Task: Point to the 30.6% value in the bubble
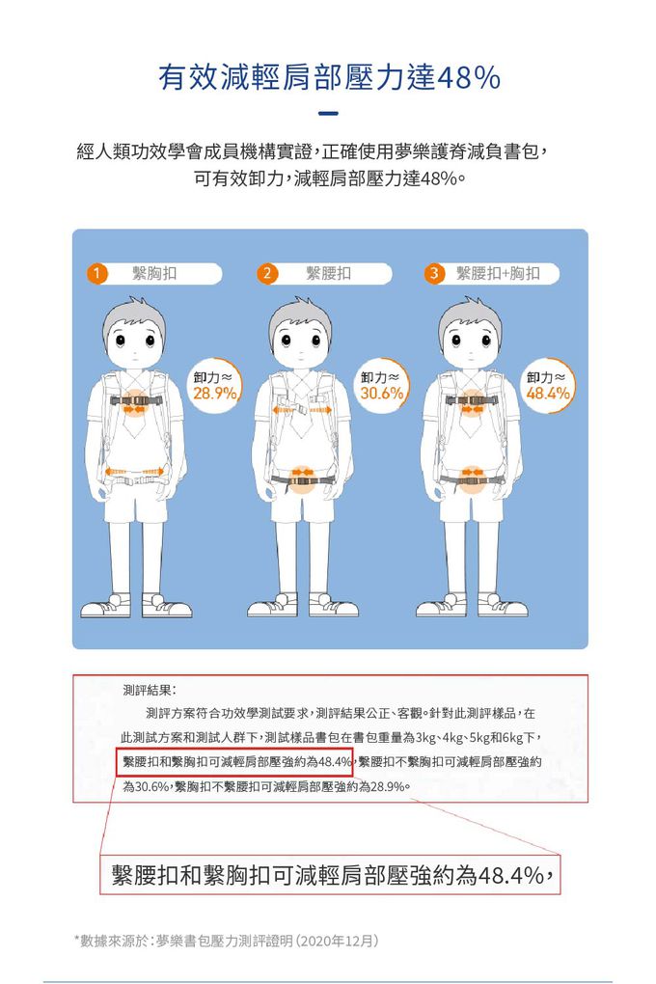[x=381, y=395]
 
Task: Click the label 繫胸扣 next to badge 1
[x=154, y=274]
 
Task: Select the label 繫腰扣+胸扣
[x=497, y=274]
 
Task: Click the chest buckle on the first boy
[x=134, y=399]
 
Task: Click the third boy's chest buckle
[x=472, y=399]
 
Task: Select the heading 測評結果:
[x=149, y=691]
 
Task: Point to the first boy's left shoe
[x=106, y=607]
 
